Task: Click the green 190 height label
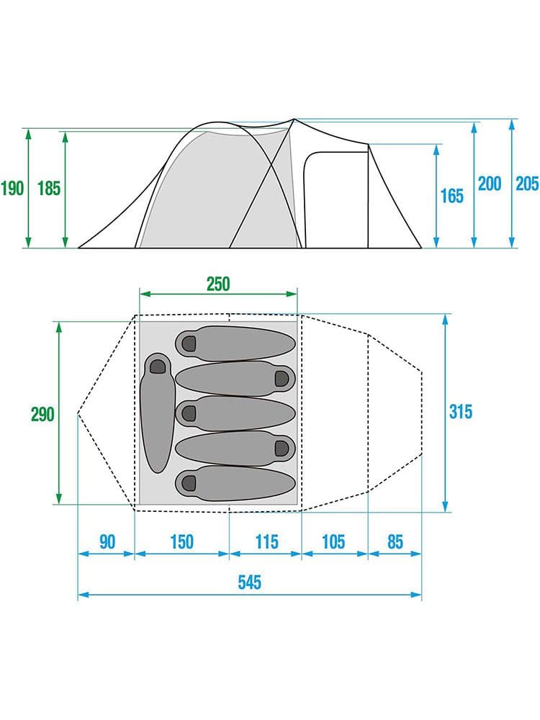(12, 188)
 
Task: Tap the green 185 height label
(49, 188)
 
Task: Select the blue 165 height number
(452, 196)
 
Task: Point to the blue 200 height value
(490, 184)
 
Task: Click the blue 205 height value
(527, 184)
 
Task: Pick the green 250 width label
(218, 284)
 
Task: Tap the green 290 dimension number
(42, 414)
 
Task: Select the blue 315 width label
(461, 411)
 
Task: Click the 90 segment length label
(107, 542)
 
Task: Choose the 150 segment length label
(182, 542)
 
